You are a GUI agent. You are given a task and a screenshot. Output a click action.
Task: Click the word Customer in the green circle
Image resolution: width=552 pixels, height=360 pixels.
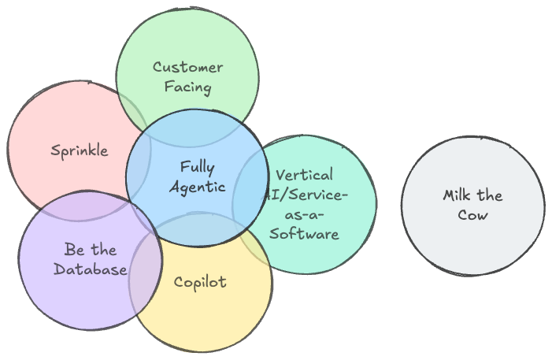coord(187,68)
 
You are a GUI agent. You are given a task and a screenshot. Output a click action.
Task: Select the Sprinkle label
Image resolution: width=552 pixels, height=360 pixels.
coord(79,150)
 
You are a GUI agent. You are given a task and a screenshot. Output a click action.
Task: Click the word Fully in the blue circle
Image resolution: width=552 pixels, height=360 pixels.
coord(197,167)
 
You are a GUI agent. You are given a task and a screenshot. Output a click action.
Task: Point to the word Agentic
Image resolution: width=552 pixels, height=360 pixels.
coord(197,187)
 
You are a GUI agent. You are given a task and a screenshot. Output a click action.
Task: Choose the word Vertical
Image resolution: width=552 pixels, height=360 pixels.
coord(304,175)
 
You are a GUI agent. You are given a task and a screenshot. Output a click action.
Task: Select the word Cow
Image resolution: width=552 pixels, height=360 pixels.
coord(472,214)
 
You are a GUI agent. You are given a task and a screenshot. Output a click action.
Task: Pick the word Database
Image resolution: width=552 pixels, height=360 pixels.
coord(90,269)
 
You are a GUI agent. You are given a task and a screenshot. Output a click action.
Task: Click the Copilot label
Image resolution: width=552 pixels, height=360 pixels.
coord(200,281)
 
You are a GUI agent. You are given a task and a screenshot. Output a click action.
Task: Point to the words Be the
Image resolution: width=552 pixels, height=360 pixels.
coord(91,250)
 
